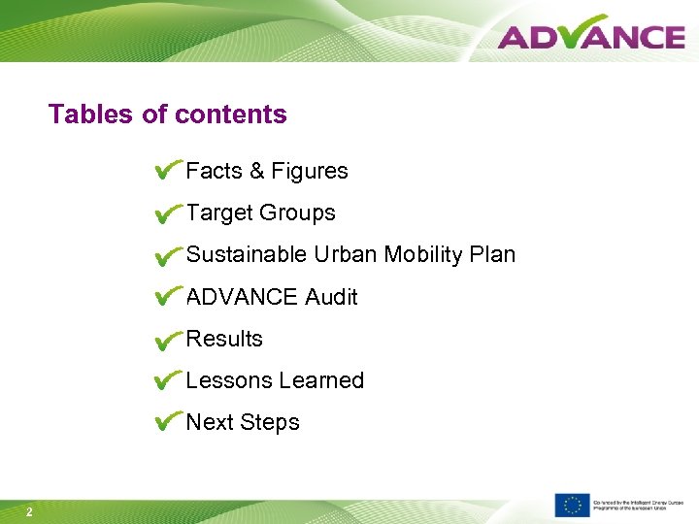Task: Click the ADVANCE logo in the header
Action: point(590,36)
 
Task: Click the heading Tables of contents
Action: point(168,115)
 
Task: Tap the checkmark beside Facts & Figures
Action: point(167,171)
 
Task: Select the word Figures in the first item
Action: point(310,172)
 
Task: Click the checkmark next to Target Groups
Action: point(167,213)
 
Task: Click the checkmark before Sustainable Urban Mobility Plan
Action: point(167,255)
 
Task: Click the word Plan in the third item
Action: point(492,255)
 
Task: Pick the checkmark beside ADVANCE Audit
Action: point(167,297)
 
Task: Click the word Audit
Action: point(331,297)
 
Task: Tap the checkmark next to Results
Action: point(167,340)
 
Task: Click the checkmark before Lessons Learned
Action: point(167,380)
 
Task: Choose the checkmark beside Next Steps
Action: point(167,422)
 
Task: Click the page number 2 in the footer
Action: point(30,512)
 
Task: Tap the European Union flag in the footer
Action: point(572,505)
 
